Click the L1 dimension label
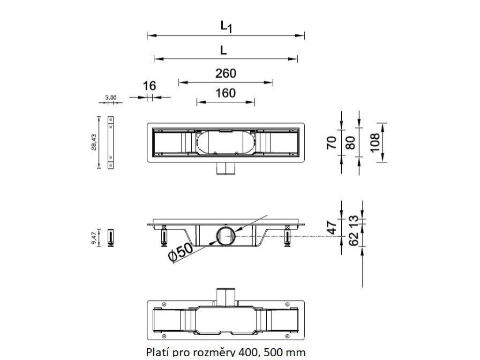coord(226,27)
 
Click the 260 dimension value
coord(225,74)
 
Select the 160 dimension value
coord(225,93)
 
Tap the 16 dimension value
coord(150,86)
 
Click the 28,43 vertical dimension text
coord(94,142)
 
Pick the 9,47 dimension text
coord(94,239)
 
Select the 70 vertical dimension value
coord(331,142)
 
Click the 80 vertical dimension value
coord(349,142)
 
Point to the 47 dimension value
coord(331,227)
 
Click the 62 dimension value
coord(354,239)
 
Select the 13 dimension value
coord(354,220)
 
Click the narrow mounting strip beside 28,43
coord(111,142)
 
